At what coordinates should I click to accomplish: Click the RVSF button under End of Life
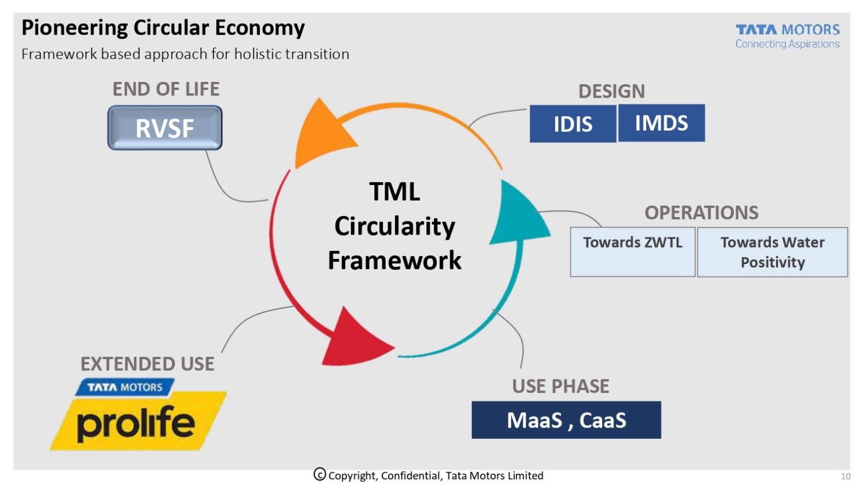165,128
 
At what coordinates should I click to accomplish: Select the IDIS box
573,124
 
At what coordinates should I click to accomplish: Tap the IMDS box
661,123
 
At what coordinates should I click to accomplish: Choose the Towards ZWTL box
632,251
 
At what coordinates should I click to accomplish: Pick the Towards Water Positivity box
772,252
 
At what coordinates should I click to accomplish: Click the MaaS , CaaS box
566,420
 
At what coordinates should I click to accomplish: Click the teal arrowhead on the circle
517,215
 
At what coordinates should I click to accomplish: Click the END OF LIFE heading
166,89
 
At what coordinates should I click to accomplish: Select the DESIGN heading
611,91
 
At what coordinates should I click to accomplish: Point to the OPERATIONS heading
701,212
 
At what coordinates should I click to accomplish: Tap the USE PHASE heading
560,386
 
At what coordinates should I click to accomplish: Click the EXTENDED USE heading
147,364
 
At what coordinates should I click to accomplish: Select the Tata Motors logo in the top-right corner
787,35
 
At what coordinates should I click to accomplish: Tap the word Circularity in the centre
394,226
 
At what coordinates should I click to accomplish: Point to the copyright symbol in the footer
320,475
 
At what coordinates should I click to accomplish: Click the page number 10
845,476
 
